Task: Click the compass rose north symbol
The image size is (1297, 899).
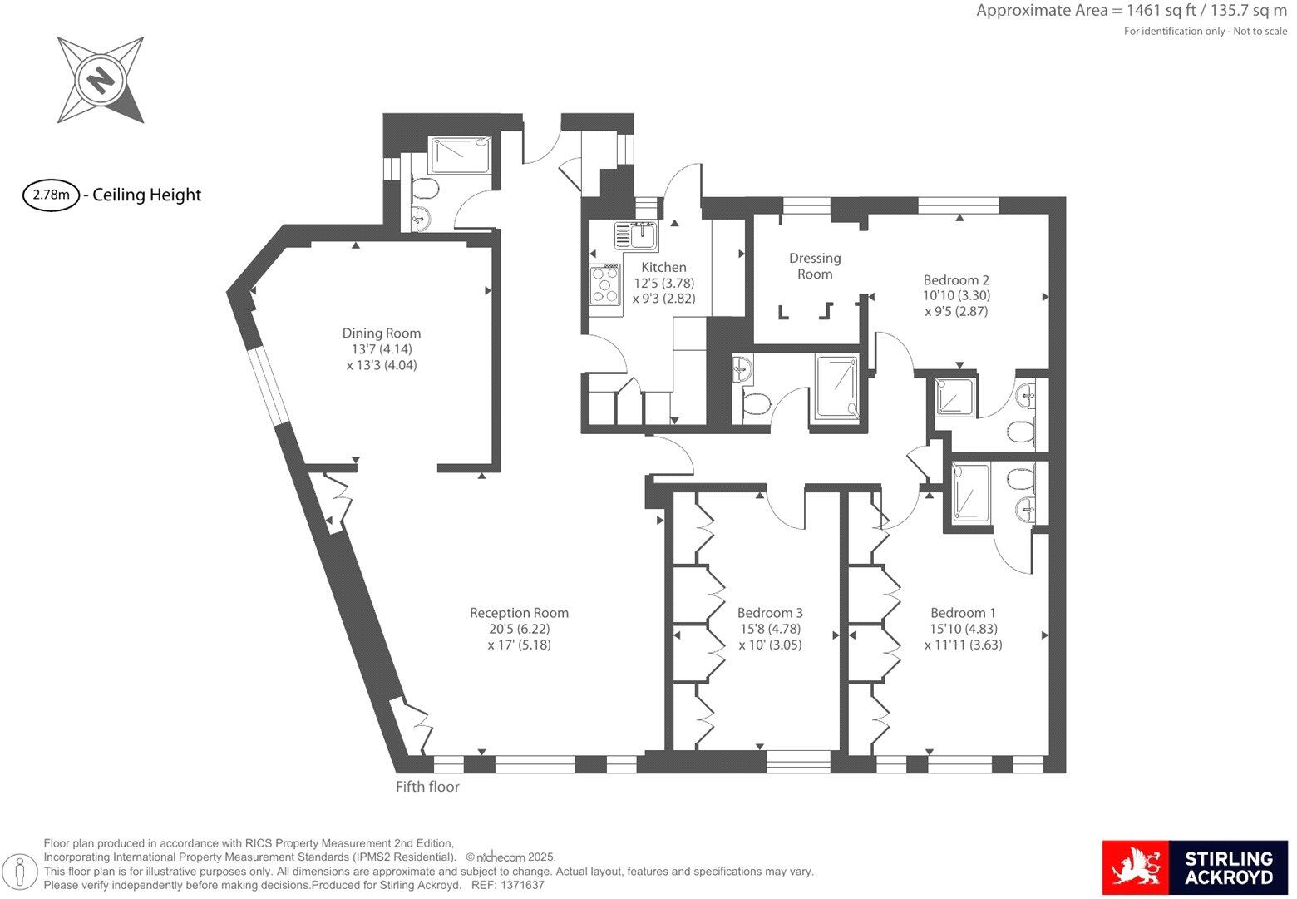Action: [x=101, y=81]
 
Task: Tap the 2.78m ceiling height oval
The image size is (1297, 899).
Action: [x=51, y=195]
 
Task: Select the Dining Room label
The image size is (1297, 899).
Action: [x=381, y=333]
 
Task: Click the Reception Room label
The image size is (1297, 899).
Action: [x=519, y=613]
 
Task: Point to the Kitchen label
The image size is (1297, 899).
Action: [x=663, y=267]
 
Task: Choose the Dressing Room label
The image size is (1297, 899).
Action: [x=815, y=266]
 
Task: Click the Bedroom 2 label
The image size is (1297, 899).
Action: [x=956, y=280]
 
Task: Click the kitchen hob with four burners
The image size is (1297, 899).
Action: [x=605, y=284]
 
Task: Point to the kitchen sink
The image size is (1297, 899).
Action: [x=637, y=235]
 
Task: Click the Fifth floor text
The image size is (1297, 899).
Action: [x=427, y=787]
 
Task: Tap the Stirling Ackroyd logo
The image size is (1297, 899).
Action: [x=1195, y=867]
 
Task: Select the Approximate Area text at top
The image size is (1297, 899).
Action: [x=1131, y=11]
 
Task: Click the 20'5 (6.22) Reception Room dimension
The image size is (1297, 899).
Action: [x=519, y=629]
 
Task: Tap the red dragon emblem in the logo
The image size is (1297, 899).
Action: [x=1135, y=867]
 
